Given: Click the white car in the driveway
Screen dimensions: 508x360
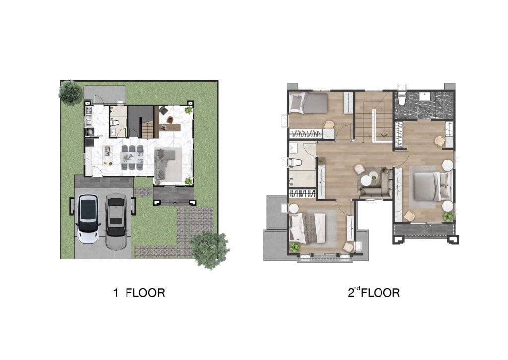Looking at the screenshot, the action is tap(88, 218).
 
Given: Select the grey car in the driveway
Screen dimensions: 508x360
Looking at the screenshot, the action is tap(116, 222).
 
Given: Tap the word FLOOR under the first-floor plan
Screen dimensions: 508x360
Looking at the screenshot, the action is tap(145, 293).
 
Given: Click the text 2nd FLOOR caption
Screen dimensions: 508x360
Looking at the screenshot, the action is tap(374, 292).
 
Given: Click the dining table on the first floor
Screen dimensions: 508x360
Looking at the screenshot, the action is tap(131, 157).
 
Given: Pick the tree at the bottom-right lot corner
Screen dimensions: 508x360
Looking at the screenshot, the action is tap(210, 250).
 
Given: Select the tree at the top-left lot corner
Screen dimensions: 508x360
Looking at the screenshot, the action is tap(70, 92).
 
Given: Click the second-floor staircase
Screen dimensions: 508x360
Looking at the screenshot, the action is tap(374, 117).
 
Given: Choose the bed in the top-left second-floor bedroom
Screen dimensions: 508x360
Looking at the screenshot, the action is tap(309, 102).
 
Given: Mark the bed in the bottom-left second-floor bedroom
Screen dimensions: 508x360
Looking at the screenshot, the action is tap(307, 228).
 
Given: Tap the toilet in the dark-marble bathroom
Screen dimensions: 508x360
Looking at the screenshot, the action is tap(401, 98).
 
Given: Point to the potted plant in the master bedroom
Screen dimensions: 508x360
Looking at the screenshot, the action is tap(448, 216).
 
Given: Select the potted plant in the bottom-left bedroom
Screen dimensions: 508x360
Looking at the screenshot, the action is tap(295, 247).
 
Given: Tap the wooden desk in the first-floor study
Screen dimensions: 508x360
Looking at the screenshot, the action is tap(170, 127).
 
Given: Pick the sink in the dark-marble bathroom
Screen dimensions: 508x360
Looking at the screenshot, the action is tap(424, 96).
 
